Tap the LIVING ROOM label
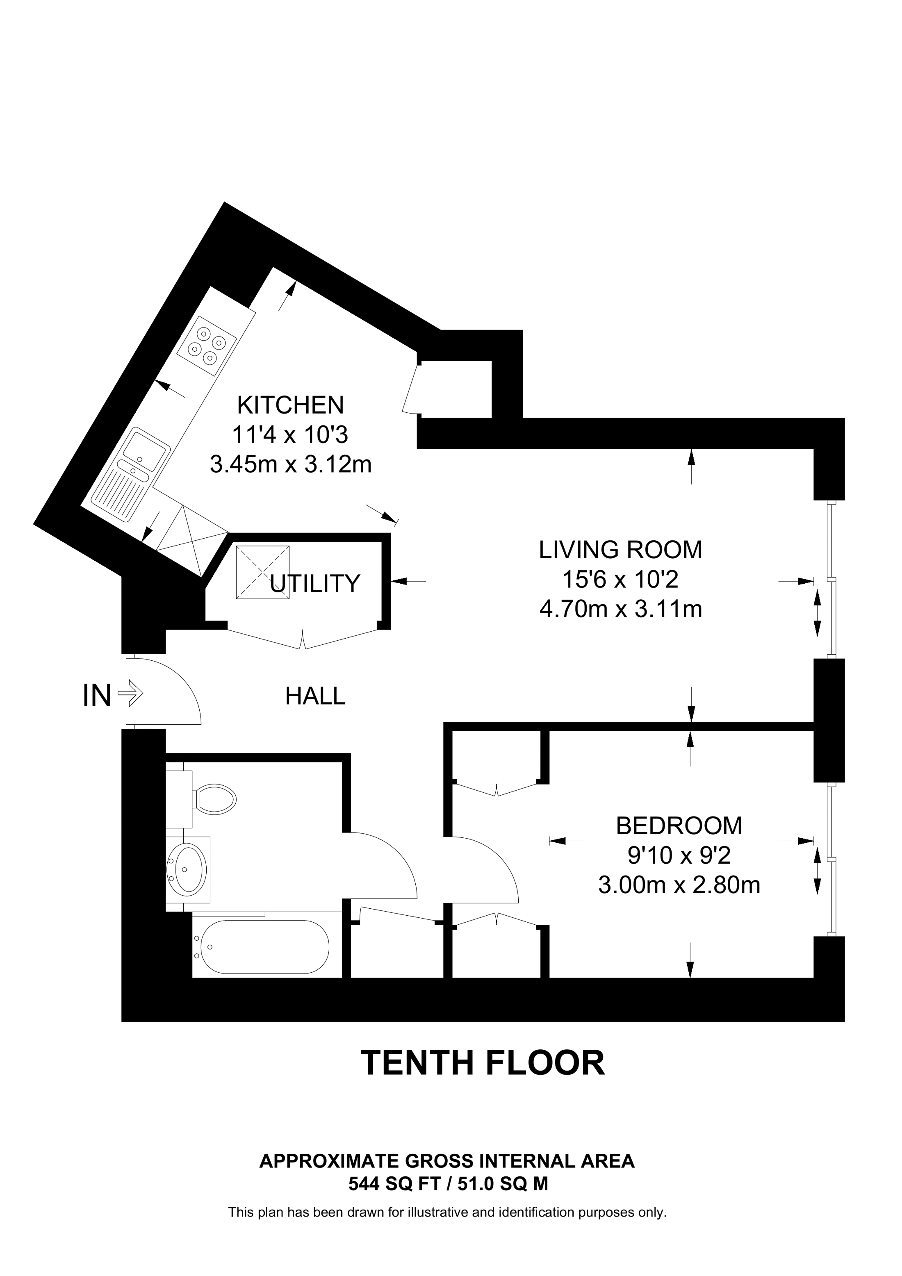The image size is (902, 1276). pyautogui.click(x=620, y=550)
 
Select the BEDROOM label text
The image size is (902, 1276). pyautogui.click(x=679, y=826)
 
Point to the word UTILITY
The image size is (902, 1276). pyautogui.click(x=315, y=584)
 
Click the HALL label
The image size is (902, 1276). pyautogui.click(x=315, y=696)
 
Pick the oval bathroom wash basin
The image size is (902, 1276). pyautogui.click(x=188, y=870)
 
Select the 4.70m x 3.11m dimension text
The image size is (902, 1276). pyautogui.click(x=621, y=609)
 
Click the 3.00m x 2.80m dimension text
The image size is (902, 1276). pyautogui.click(x=679, y=885)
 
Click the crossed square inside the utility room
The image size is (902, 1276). pyautogui.click(x=263, y=573)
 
